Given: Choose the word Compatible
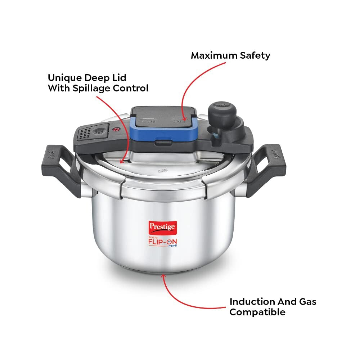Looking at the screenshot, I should pos(257,312).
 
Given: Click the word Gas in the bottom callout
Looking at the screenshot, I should pos(306,301).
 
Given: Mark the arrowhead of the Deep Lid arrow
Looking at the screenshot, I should pos(122,161).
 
